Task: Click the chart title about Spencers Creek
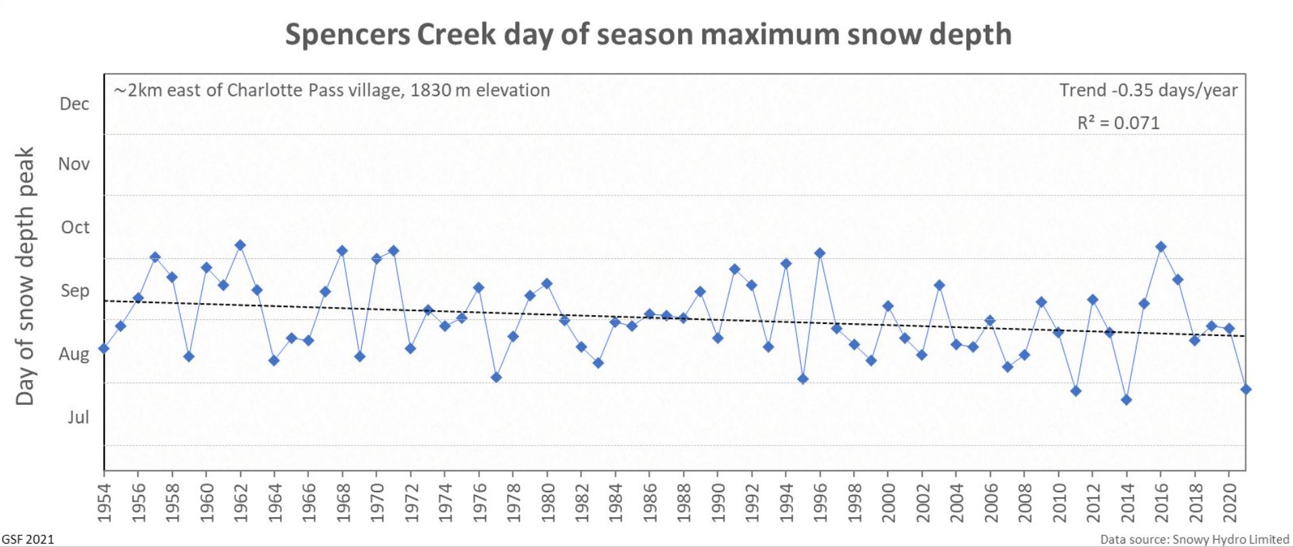click(x=648, y=34)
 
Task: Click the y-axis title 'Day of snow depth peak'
click(x=25, y=276)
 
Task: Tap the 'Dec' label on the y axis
click(x=74, y=104)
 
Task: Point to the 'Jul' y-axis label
click(x=78, y=417)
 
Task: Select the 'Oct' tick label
click(x=75, y=227)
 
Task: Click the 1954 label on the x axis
click(x=104, y=503)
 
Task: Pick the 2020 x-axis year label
click(x=1230, y=503)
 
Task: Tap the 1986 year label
click(x=650, y=503)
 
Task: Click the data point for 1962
click(x=240, y=245)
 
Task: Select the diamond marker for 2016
click(x=1161, y=247)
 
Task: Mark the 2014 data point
click(x=1126, y=400)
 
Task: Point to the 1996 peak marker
click(x=820, y=253)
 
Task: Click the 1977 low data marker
click(x=496, y=377)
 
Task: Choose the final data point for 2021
click(x=1246, y=389)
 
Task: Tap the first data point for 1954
click(x=103, y=348)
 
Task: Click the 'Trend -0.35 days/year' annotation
click(x=1148, y=91)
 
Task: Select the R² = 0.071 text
click(x=1118, y=123)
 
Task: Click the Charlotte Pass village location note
click(x=332, y=91)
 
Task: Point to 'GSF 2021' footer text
click(x=28, y=539)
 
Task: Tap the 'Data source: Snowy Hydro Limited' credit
click(x=1195, y=539)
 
